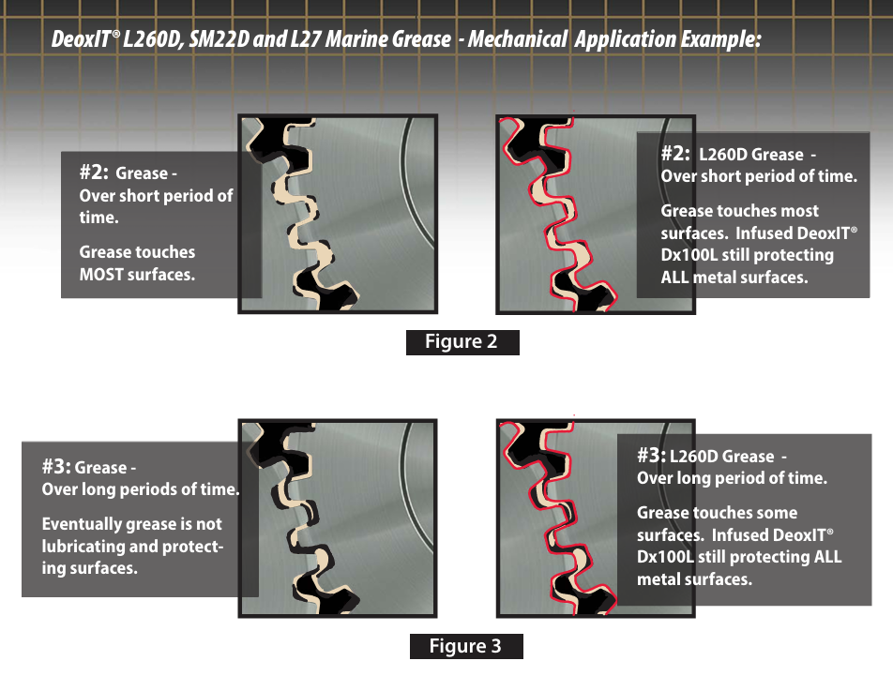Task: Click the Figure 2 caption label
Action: (462, 342)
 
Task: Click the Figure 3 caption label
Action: (466, 646)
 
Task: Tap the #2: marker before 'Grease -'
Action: (94, 172)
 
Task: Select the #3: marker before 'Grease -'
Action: (56, 466)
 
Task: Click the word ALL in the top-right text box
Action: (674, 278)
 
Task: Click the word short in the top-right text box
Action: (719, 176)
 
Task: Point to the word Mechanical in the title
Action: (517, 39)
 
